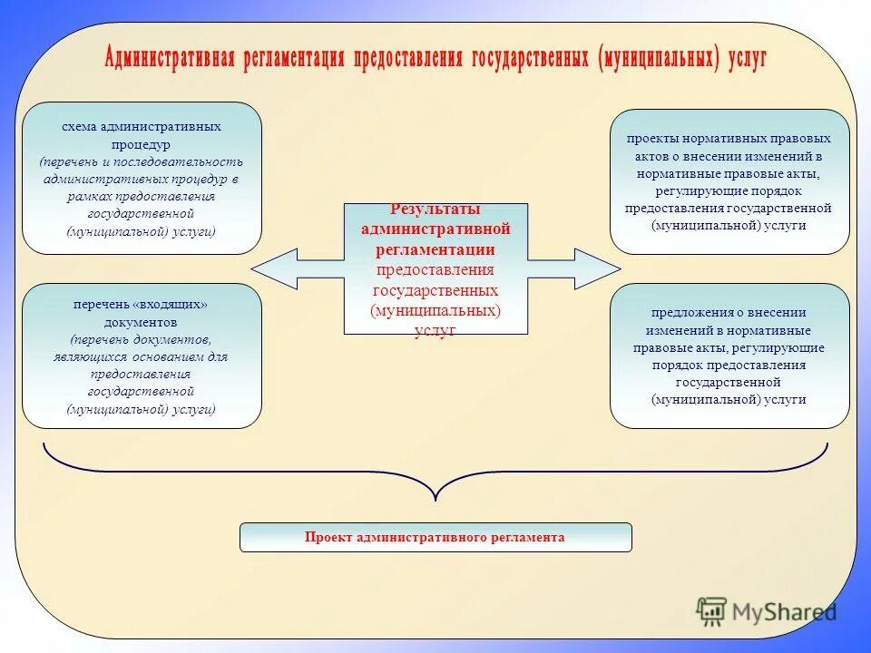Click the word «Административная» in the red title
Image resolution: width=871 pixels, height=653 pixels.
pos(170,59)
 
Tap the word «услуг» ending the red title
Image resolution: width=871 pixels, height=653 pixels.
pos(745,59)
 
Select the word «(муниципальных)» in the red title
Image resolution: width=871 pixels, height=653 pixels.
pos(660,59)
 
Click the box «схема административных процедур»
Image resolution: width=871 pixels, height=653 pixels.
pos(142,178)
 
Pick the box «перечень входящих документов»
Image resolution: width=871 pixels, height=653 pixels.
pos(142,356)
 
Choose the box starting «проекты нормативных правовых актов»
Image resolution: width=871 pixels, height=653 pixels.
pos(729,181)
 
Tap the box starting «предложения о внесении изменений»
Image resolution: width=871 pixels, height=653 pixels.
pos(729,356)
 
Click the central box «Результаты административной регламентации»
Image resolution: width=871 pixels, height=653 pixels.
pos(435,268)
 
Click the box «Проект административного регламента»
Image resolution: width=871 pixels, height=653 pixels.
pos(435,537)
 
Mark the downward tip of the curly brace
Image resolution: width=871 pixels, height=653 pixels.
pos(436,498)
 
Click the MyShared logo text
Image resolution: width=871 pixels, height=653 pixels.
pos(784,612)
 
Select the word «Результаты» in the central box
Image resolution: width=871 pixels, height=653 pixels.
pos(435,210)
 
